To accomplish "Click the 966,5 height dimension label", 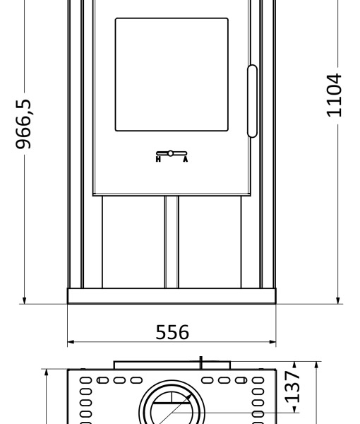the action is pos(23,124).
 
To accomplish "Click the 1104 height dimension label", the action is pos(334,95).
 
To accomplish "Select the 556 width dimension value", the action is pos(172,332).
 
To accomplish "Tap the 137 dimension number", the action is pos(292,387).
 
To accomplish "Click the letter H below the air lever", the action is pos(158,159).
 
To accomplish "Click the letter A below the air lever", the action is pos(185,159).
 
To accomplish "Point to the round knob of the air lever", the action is pos(170,153).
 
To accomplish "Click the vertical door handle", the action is pos(252,101).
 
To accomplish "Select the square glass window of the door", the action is pos(172,75).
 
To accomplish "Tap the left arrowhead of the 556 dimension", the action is pos(71,342).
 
